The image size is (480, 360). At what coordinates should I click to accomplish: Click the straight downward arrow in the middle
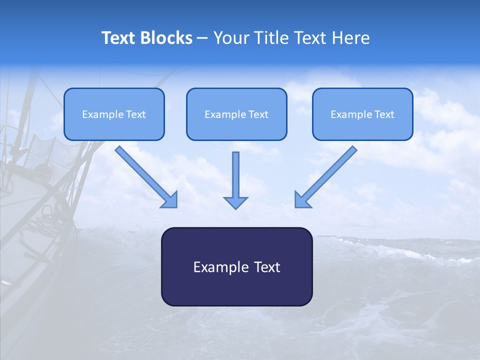coord(236,175)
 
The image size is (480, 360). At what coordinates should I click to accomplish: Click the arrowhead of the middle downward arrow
coord(236,202)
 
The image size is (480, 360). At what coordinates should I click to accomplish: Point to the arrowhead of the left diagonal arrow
coord(171,200)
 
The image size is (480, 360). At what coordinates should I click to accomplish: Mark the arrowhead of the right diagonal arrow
coord(301,200)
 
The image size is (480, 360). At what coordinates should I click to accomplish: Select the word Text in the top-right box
coord(384,114)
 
